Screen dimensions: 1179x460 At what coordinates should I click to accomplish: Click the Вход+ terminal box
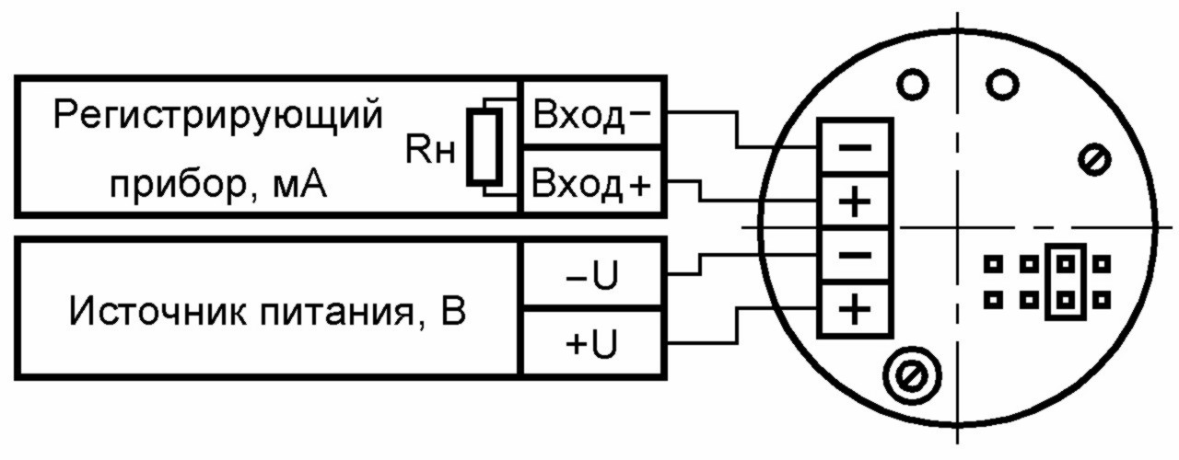click(x=592, y=182)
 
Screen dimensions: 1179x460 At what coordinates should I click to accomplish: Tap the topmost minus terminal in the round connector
click(x=855, y=147)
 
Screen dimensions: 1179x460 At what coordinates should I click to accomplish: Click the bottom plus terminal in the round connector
click(x=855, y=310)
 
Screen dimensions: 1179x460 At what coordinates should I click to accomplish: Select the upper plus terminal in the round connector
click(x=855, y=202)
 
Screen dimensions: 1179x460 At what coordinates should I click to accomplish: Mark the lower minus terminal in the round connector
click(x=855, y=257)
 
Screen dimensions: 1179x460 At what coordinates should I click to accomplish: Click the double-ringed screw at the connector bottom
click(x=912, y=375)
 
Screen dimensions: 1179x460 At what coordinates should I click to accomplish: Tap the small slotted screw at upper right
click(x=1094, y=159)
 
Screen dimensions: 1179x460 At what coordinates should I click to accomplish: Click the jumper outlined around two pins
click(x=1066, y=282)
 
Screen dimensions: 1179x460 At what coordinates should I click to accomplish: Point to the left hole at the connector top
click(x=912, y=84)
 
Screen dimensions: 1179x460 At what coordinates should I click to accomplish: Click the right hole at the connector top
click(x=1003, y=84)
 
